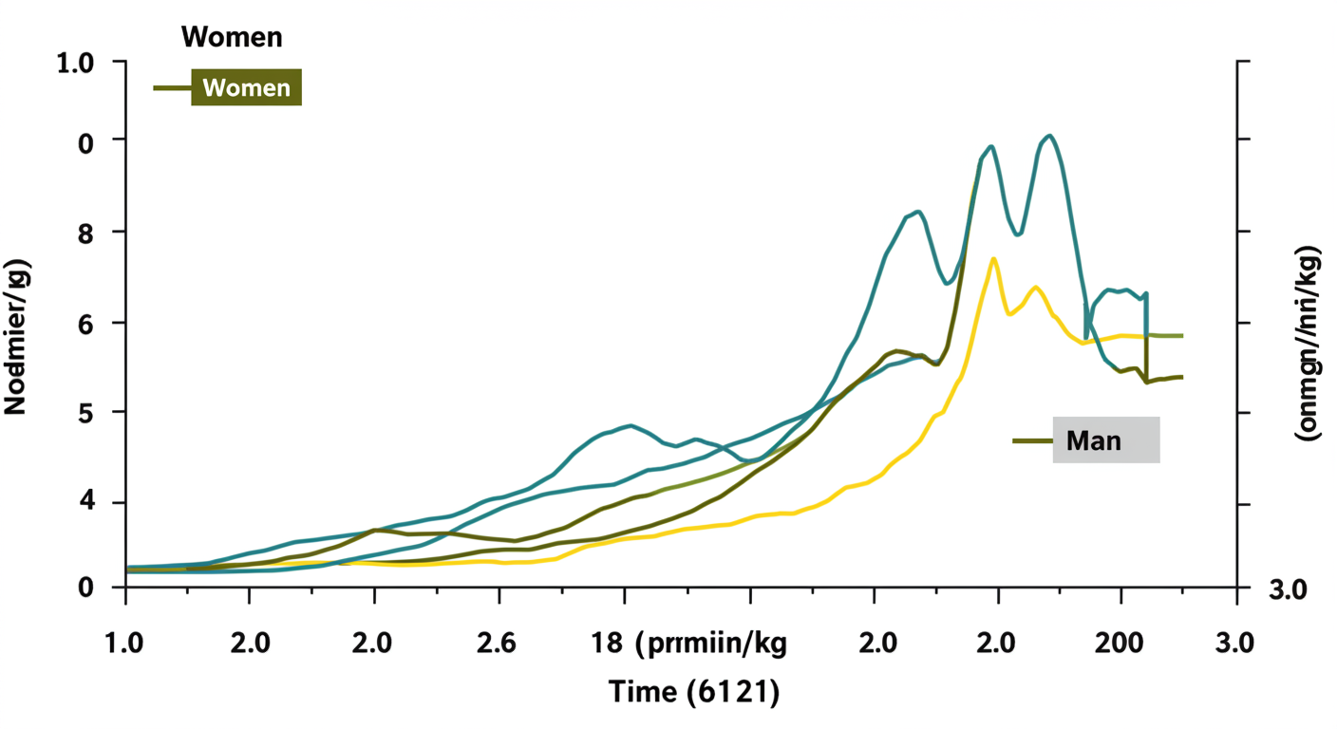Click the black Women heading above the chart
click(232, 37)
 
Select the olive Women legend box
click(246, 87)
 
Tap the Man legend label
click(1105, 440)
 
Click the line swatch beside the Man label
click(1032, 440)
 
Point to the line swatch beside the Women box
click(172, 87)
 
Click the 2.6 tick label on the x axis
click(497, 643)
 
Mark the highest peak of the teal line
click(1048, 136)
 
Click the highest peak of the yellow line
click(992, 258)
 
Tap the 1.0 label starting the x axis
click(123, 643)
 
